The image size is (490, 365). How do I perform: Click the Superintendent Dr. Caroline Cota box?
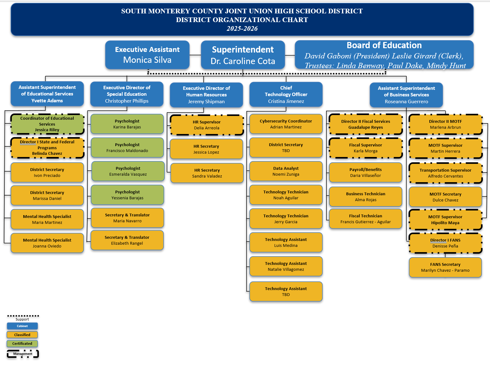click(x=243, y=55)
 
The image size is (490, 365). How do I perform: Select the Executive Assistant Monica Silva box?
click(x=147, y=55)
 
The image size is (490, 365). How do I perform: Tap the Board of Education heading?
click(x=384, y=45)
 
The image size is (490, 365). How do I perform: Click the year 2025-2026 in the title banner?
click(x=242, y=29)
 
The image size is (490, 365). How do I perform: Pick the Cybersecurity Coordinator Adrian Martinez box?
click(x=286, y=124)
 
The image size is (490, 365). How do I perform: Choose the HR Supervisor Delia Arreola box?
click(x=206, y=125)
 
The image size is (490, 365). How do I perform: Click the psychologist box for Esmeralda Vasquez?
click(x=128, y=171)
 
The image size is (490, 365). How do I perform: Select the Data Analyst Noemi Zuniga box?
click(x=286, y=171)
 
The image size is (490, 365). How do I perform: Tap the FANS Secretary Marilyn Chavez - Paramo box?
click(x=445, y=267)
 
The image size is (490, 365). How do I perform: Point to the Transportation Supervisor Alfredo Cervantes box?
click(x=445, y=173)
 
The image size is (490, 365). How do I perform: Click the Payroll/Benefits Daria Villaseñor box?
click(x=365, y=173)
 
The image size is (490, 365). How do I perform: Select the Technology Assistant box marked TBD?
click(x=286, y=292)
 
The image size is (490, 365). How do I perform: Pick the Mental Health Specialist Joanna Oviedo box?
click(x=47, y=243)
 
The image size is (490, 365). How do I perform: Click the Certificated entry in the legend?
click(x=22, y=344)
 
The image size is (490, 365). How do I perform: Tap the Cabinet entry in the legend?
click(x=22, y=326)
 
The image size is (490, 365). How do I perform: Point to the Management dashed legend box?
click(x=23, y=354)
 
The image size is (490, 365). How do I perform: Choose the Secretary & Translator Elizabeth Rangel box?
click(x=127, y=240)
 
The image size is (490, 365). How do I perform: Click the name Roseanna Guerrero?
click(x=406, y=102)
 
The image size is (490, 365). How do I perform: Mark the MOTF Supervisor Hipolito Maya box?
click(x=445, y=220)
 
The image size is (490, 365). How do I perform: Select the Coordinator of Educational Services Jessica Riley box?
click(x=47, y=124)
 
